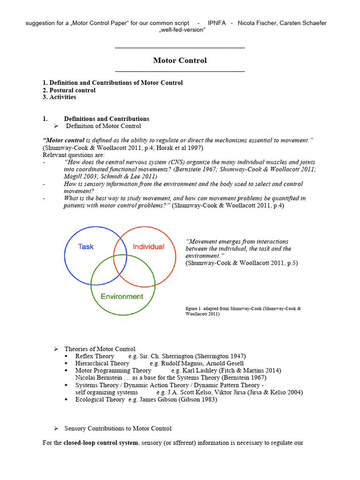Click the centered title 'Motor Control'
[x=180, y=60]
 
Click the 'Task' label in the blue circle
[x=86, y=246]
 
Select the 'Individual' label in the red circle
[x=149, y=247]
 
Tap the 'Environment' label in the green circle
[x=122, y=296]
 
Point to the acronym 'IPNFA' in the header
[x=217, y=23]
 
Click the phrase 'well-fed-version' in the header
[x=180, y=30]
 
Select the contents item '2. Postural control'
[x=69, y=90]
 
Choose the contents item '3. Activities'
[x=59, y=97]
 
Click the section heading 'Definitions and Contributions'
[x=106, y=119]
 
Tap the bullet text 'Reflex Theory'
[x=95, y=356]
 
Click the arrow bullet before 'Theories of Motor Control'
[x=55, y=349]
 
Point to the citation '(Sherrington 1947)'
[x=220, y=356]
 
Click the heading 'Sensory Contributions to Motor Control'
[x=118, y=428]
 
